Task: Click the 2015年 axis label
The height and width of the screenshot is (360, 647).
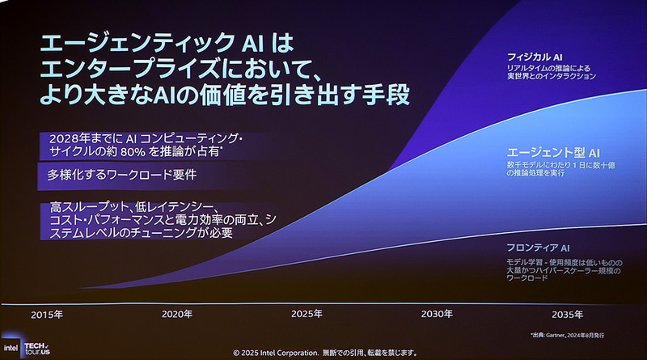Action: coord(47,314)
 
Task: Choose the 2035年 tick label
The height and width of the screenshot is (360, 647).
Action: coord(567,314)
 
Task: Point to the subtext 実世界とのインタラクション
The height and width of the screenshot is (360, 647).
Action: coord(547,77)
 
